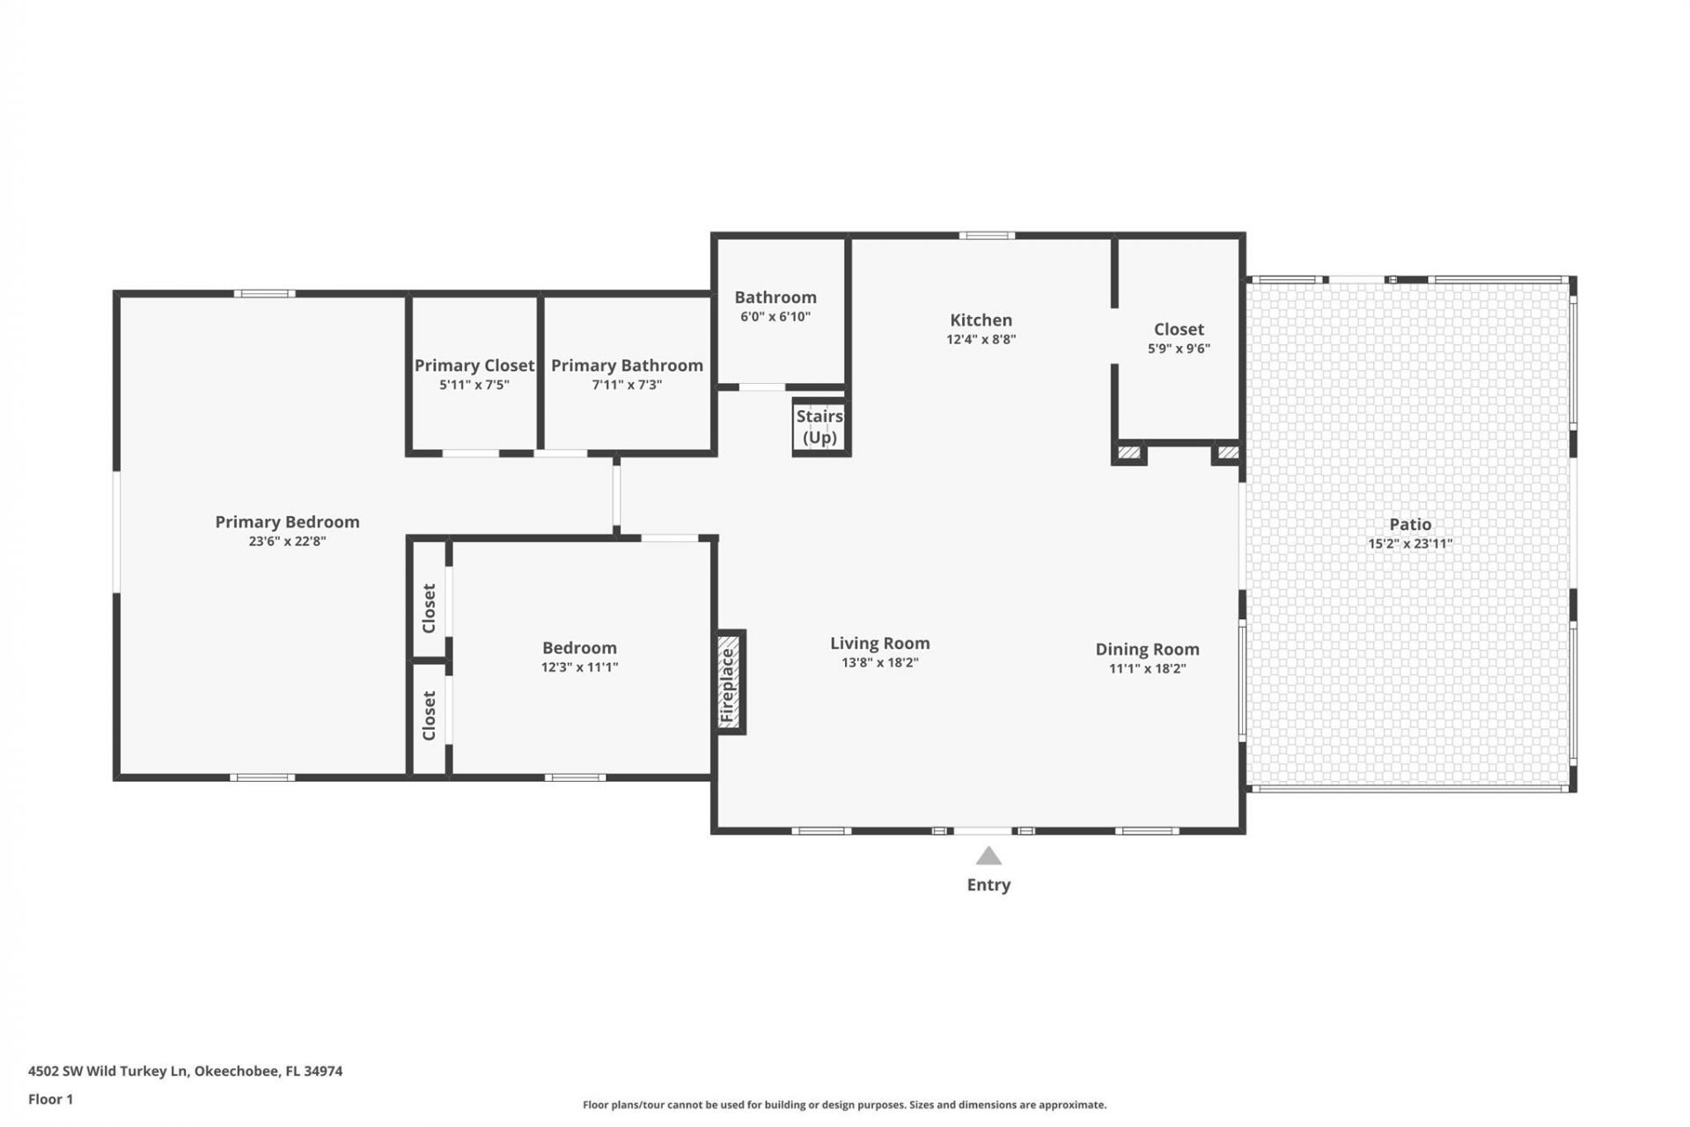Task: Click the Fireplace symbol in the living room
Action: click(730, 681)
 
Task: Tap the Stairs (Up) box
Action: click(820, 427)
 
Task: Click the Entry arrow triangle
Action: click(988, 856)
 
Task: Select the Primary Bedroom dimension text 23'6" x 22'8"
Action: click(287, 541)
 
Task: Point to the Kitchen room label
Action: click(981, 320)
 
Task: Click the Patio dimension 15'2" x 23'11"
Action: click(1409, 544)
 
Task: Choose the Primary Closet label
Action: click(474, 365)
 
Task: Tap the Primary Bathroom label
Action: click(627, 365)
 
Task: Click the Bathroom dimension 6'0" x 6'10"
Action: click(775, 317)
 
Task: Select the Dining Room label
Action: click(1147, 650)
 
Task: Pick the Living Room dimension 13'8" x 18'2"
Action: click(879, 663)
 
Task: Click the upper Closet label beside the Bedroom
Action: click(430, 608)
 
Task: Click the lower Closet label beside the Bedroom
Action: click(430, 715)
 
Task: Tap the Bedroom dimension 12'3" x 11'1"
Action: click(579, 667)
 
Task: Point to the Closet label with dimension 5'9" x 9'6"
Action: click(1179, 329)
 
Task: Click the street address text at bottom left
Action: click(185, 1072)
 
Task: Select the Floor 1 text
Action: click(50, 1099)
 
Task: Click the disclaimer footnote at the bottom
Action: click(844, 1105)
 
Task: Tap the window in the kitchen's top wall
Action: click(986, 236)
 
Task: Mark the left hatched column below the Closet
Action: click(1128, 453)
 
